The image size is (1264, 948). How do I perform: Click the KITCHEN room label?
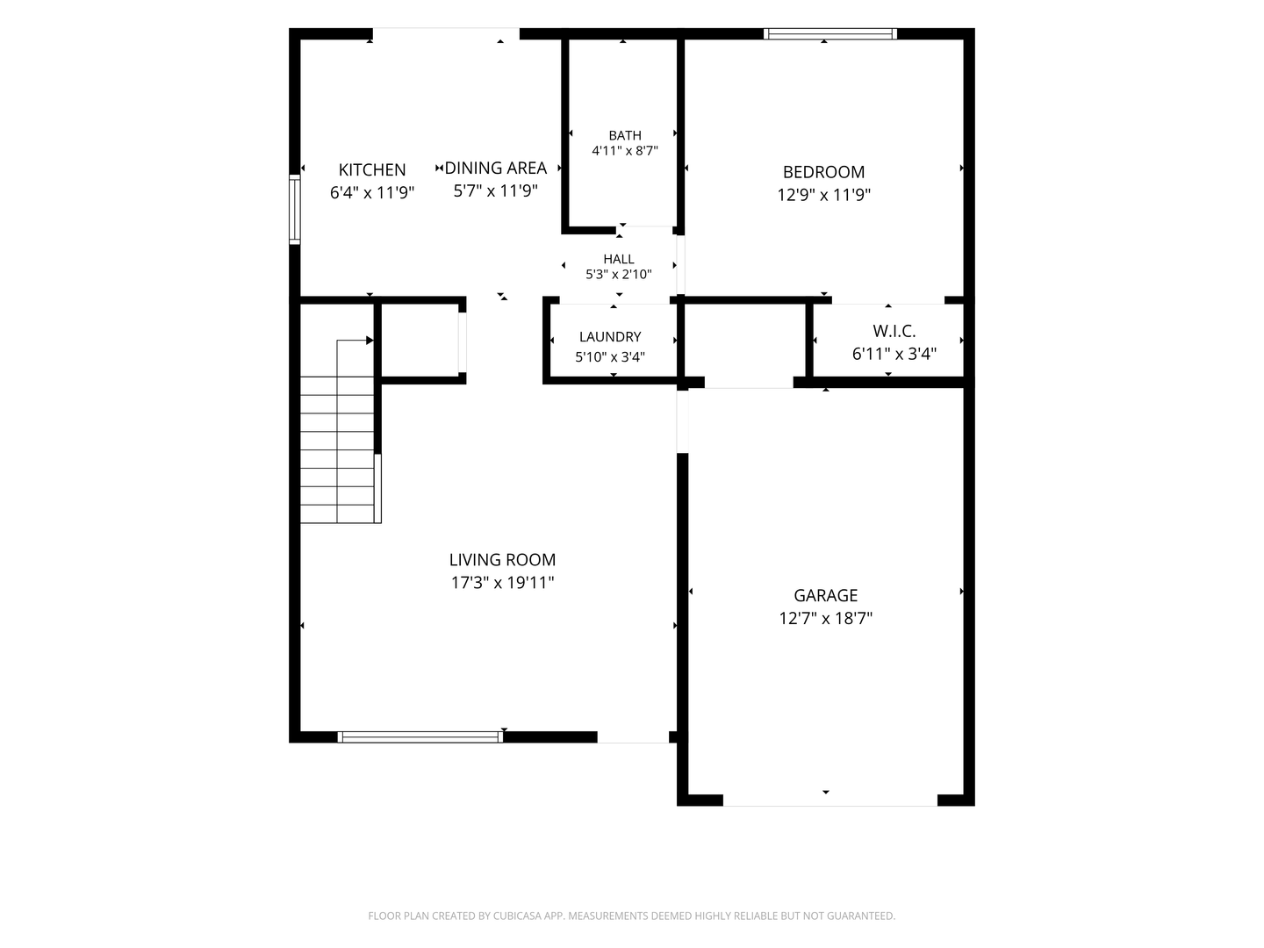point(372,169)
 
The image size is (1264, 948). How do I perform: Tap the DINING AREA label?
point(495,168)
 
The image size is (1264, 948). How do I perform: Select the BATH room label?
point(625,135)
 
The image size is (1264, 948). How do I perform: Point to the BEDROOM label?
point(823,172)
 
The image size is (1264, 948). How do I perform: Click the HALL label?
point(619,259)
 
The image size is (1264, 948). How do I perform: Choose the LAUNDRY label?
point(610,337)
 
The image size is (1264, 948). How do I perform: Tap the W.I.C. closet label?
point(894,331)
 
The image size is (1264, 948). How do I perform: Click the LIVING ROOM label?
point(502,559)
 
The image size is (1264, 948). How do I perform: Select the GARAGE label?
point(825,595)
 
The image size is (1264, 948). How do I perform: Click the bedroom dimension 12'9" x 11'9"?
point(823,195)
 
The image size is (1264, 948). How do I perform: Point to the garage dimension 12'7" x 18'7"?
point(825,618)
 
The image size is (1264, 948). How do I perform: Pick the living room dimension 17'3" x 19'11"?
point(502,583)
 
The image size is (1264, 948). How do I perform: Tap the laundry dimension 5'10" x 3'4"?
point(610,357)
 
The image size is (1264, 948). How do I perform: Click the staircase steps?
point(337,449)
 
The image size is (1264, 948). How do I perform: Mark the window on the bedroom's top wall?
point(829,34)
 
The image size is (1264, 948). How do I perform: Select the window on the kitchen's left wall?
point(295,210)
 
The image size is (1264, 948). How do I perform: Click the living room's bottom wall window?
point(420,736)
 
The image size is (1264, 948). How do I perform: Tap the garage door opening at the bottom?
point(829,800)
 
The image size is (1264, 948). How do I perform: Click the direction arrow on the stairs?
point(352,341)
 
